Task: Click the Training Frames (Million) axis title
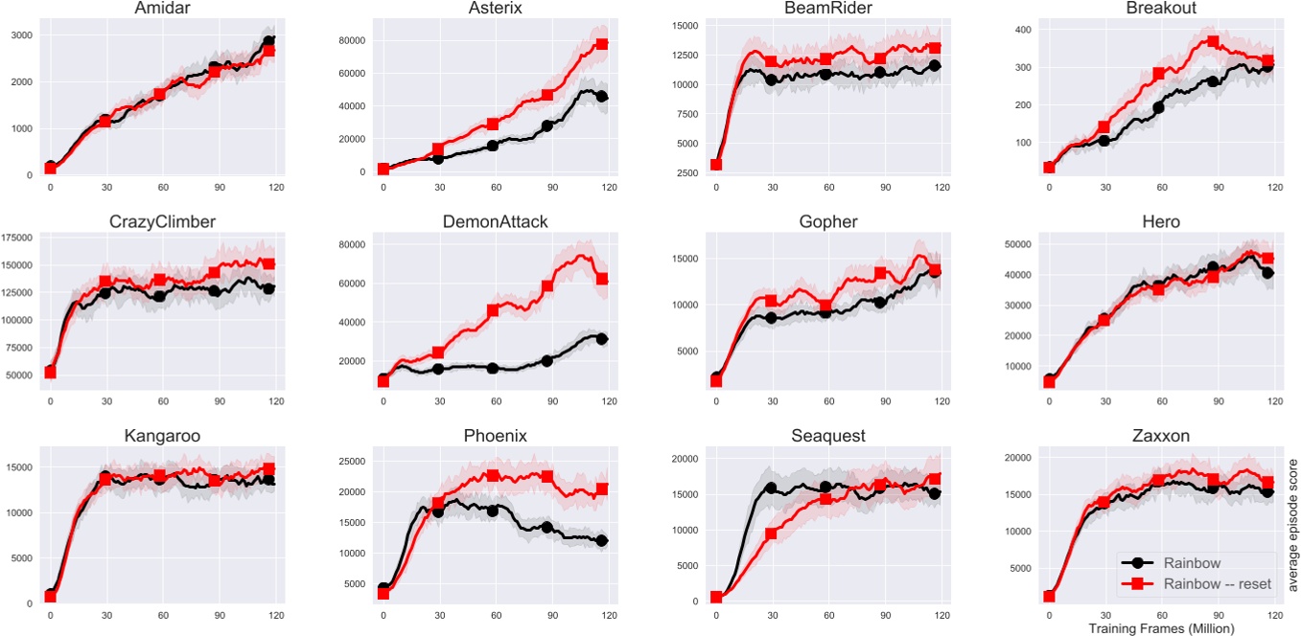point(1161,627)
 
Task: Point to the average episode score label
point(1293,525)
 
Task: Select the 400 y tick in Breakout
point(1022,30)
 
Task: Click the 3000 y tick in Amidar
point(21,35)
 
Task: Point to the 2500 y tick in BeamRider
point(688,173)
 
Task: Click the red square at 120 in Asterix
point(601,44)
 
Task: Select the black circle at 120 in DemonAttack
point(601,338)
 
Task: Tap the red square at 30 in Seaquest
point(771,534)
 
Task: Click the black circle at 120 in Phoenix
point(601,541)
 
